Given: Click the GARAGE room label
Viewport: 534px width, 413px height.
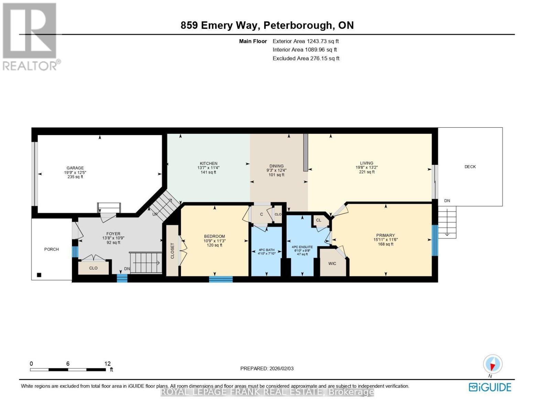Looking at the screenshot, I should tap(75, 168).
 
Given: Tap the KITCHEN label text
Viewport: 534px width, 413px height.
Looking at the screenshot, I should tap(208, 163).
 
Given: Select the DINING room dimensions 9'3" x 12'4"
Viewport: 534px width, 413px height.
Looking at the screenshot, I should tap(276, 170).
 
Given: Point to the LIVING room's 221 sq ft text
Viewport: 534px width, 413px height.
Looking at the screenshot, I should tap(367, 172).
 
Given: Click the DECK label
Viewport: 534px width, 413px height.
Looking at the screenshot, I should tap(470, 167).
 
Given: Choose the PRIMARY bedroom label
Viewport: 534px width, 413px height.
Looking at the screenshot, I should tap(385, 235).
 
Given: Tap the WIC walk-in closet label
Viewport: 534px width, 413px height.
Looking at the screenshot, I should tap(332, 264).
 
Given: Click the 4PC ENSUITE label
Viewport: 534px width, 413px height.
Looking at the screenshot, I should tap(302, 247).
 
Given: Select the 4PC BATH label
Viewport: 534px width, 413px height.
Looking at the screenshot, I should tap(266, 250).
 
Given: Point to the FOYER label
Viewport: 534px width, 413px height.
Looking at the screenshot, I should tap(113, 234).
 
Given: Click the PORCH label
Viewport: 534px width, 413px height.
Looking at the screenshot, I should tap(51, 249).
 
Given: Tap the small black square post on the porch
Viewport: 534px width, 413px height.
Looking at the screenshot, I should tap(39, 275).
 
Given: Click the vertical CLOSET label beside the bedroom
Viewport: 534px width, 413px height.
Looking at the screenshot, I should tap(172, 251).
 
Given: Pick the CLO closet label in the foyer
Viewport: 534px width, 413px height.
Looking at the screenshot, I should tap(93, 268).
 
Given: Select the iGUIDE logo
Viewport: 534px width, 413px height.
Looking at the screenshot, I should tap(490, 387).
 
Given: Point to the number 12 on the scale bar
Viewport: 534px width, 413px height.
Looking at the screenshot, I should tap(108, 364).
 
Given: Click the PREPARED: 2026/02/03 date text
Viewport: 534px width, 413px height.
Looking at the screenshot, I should tap(267, 369).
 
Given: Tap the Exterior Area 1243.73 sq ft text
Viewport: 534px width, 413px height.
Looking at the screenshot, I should tap(306, 41).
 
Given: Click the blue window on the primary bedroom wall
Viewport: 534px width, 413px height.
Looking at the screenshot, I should tap(435, 241).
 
